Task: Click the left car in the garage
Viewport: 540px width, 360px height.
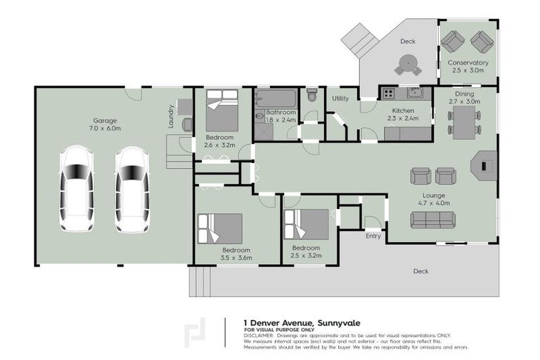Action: pyautogui.click(x=77, y=188)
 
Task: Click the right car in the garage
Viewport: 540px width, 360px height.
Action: pyautogui.click(x=132, y=188)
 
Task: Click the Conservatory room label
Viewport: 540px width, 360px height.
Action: pyautogui.click(x=468, y=67)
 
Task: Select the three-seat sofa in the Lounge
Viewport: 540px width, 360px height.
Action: pyautogui.click(x=432, y=220)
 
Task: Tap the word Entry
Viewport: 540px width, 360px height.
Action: pyautogui.click(x=373, y=236)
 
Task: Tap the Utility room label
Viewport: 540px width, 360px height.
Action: pyautogui.click(x=340, y=98)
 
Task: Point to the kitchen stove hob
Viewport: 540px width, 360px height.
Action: pyautogui.click(x=388, y=93)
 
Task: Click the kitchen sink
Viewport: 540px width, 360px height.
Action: pyautogui.click(x=414, y=92)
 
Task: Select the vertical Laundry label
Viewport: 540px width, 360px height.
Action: pyautogui.click(x=171, y=116)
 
